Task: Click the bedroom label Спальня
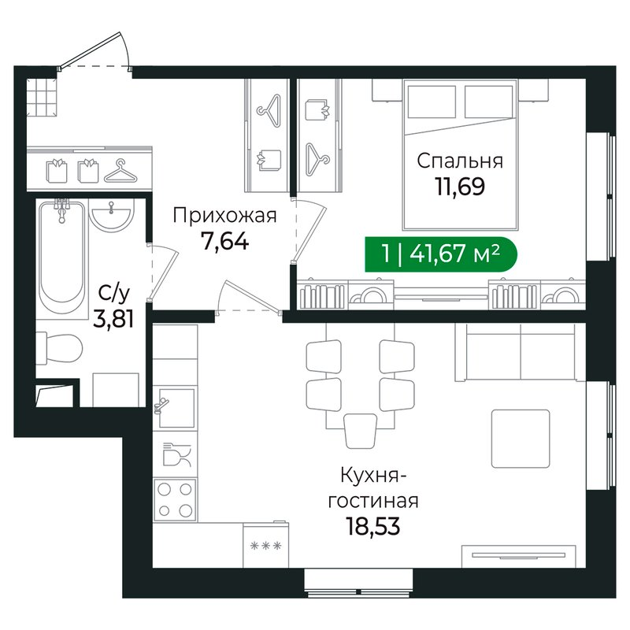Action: (460, 161)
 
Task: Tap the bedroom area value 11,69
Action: (460, 186)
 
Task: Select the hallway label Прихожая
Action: (224, 216)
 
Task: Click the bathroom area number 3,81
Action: (113, 319)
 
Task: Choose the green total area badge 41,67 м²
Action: (441, 254)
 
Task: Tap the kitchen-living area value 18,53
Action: (373, 526)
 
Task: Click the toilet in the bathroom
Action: (60, 348)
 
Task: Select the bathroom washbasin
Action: (111, 216)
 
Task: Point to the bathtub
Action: (62, 258)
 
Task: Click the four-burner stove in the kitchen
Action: (175, 499)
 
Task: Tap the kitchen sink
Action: (175, 408)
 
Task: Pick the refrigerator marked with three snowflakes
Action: (265, 545)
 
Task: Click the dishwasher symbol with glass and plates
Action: (176, 455)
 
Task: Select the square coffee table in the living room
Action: (521, 439)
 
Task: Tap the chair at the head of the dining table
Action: (361, 431)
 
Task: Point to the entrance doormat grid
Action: (42, 97)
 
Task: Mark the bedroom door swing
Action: (310, 230)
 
